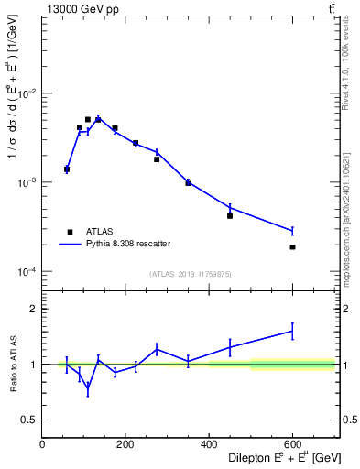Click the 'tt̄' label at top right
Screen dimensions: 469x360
pyautogui.click(x=331, y=9)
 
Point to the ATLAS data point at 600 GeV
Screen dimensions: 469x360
pyautogui.click(x=293, y=247)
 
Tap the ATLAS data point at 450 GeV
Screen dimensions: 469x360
pyautogui.click(x=230, y=216)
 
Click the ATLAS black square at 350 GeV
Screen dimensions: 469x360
pyautogui.click(x=188, y=183)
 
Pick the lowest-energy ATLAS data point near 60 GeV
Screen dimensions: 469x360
pyautogui.click(x=67, y=169)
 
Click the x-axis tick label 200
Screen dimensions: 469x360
pyautogui.click(x=125, y=445)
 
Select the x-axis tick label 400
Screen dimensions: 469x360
pyautogui.click(x=209, y=445)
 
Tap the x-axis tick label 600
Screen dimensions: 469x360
pyautogui.click(x=292, y=445)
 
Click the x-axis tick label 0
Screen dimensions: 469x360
pyautogui.click(x=42, y=445)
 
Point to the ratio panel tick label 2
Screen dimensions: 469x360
pyautogui.click(x=34, y=309)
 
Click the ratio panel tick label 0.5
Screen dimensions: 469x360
pyautogui.click(x=29, y=420)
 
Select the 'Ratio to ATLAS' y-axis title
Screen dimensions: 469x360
pyautogui.click(x=14, y=364)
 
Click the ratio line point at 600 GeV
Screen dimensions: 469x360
pyautogui.click(x=293, y=331)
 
